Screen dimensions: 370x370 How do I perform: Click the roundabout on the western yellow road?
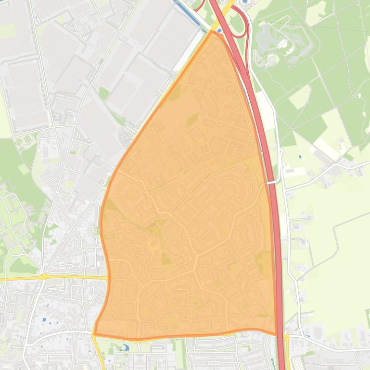44,277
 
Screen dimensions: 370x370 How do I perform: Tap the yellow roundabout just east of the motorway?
287,337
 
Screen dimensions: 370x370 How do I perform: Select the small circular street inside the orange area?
131,194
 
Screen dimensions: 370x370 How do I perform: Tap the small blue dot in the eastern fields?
300,157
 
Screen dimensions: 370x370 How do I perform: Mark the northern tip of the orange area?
213,31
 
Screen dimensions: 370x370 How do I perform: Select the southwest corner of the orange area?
94,334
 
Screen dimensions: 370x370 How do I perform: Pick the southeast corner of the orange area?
276,334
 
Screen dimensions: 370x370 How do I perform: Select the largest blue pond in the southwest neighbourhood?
44,319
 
